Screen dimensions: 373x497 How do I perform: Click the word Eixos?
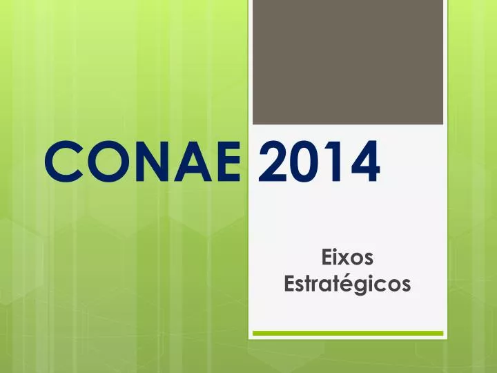(x=347, y=258)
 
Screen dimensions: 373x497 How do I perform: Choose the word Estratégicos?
(x=347, y=284)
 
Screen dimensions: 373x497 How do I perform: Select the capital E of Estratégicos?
(x=291, y=283)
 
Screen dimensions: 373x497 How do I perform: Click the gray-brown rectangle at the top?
(x=347, y=62)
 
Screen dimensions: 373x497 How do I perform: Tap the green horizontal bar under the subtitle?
(x=347, y=333)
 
